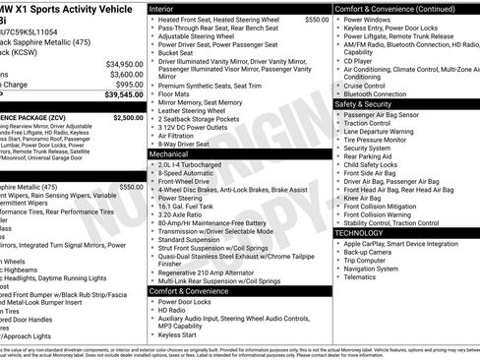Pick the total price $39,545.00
click(x=123, y=96)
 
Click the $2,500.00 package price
click(x=127, y=117)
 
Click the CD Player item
click(x=358, y=61)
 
